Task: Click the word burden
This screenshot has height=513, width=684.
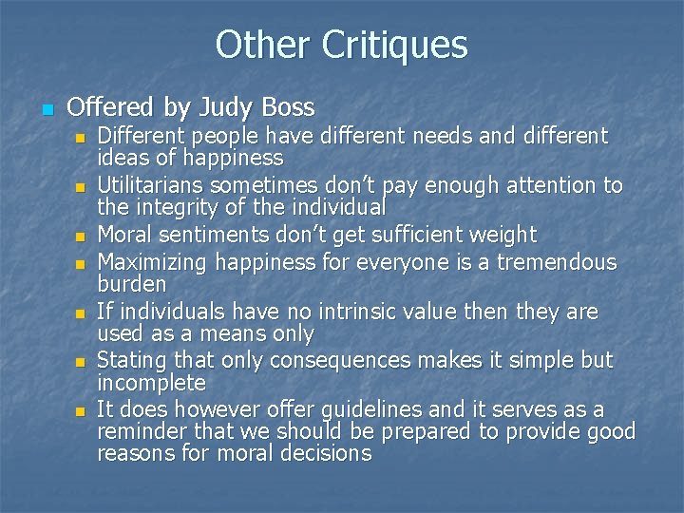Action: click(132, 284)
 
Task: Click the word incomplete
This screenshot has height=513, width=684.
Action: click(151, 383)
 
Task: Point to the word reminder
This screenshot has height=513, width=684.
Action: click(141, 431)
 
